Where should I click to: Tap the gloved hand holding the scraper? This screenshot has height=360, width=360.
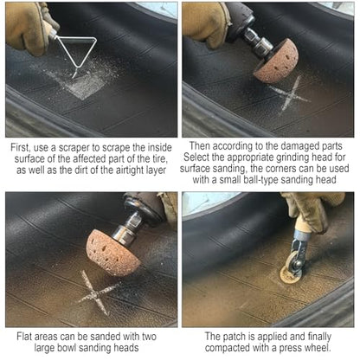click(28, 28)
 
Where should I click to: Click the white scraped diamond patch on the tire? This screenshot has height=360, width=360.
click(84, 84)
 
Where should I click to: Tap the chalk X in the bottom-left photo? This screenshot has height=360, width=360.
click(96, 293)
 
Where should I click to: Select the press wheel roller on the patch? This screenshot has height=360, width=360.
click(294, 266)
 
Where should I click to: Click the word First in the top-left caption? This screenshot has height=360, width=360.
click(20, 148)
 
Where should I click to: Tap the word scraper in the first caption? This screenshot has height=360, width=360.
click(74, 148)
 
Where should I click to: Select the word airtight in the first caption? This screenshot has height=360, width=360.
click(132, 170)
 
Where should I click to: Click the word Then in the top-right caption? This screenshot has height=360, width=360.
click(200, 146)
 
